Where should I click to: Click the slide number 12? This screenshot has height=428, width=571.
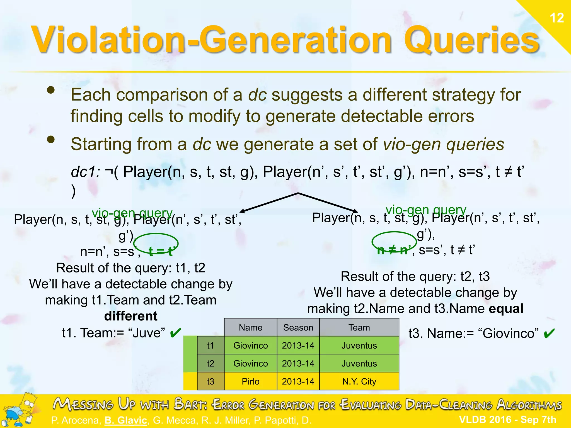pos(557,18)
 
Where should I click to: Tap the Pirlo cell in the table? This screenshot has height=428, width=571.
pos(250,381)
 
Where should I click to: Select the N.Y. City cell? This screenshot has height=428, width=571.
pos(359,381)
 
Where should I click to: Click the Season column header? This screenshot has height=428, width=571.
pos(298,327)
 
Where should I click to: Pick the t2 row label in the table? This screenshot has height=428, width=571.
pos(211,363)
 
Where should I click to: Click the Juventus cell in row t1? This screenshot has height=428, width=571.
pos(359,346)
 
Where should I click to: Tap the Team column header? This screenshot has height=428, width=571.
pos(359,327)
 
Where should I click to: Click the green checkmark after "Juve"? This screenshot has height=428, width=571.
pos(175,332)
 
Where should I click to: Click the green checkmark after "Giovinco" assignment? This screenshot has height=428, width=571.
pos(549,333)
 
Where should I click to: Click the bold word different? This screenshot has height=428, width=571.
pos(130,316)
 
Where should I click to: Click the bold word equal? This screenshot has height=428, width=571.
pos(506,308)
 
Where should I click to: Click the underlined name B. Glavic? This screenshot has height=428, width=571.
pos(126,420)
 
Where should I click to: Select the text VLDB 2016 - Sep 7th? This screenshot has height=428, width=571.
pos(507,419)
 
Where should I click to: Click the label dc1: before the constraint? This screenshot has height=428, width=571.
pos(85,172)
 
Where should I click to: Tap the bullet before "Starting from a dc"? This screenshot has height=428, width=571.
pos(51,139)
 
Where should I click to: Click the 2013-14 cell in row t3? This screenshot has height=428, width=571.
pos(298,381)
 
